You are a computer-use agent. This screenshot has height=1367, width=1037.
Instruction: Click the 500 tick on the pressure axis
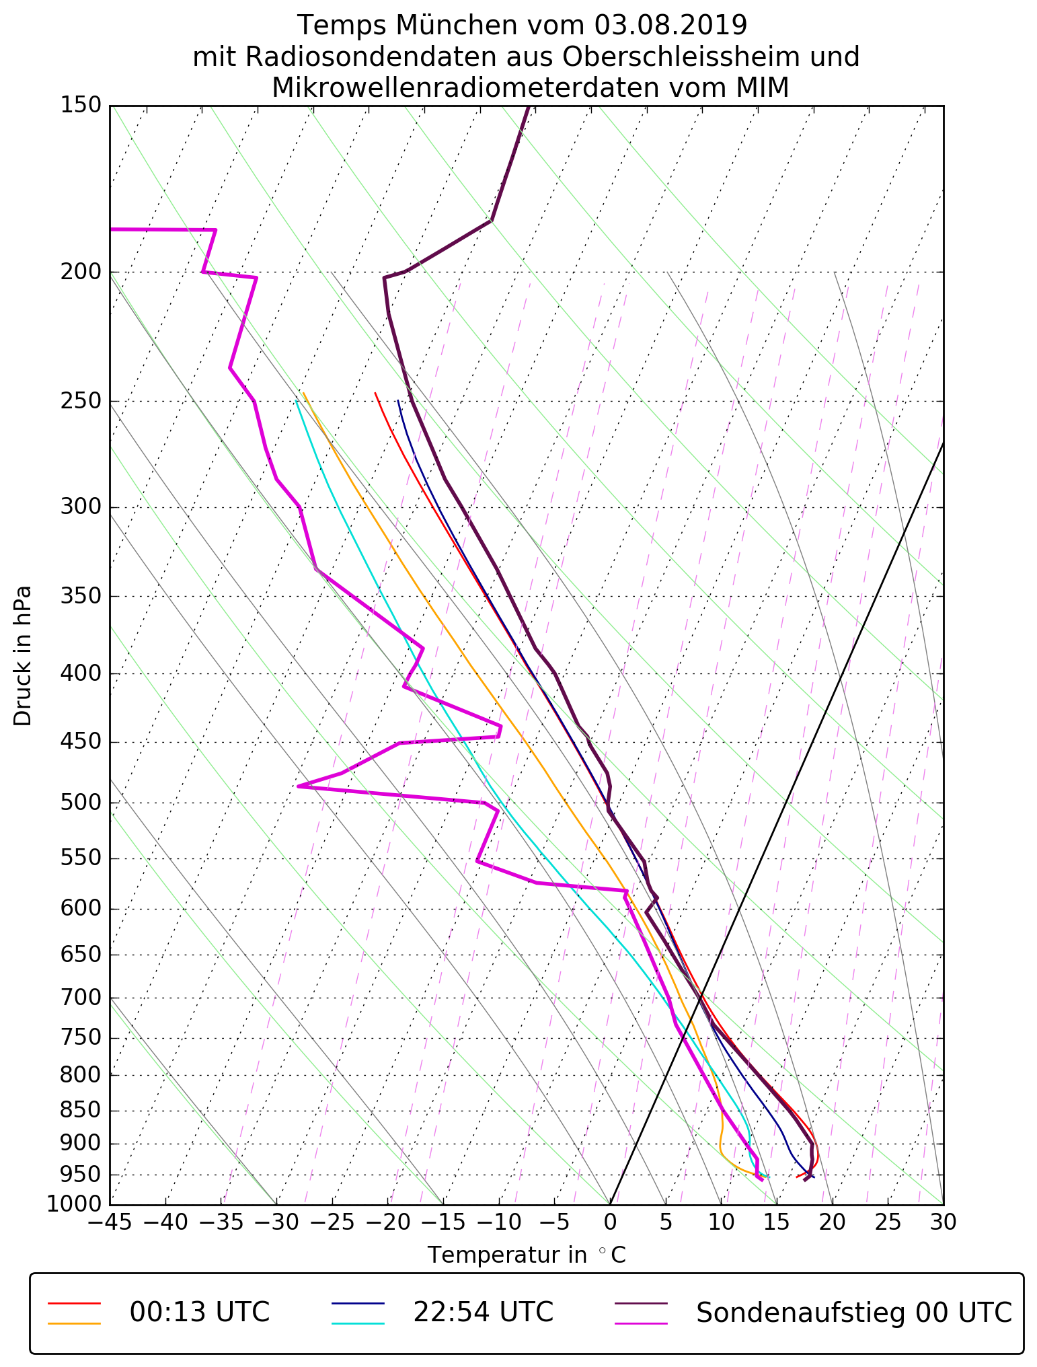(81, 803)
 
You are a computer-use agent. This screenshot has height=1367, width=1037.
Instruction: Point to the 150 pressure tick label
(81, 105)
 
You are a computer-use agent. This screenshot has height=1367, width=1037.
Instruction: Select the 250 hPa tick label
(81, 401)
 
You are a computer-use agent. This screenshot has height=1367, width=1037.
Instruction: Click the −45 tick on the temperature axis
(110, 1222)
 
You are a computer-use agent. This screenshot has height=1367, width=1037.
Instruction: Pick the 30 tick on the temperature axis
(944, 1222)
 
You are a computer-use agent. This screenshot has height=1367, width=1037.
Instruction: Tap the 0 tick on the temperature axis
(610, 1222)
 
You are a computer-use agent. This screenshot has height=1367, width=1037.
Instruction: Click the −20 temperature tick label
(388, 1222)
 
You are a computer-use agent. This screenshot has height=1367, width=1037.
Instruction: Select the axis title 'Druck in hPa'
(23, 655)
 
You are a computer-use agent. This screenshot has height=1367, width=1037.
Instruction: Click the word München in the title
(457, 26)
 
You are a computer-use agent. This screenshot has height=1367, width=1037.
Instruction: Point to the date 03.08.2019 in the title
(670, 26)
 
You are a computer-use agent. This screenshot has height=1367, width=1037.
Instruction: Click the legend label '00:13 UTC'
(200, 1312)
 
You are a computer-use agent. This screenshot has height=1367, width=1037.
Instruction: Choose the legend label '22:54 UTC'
(483, 1312)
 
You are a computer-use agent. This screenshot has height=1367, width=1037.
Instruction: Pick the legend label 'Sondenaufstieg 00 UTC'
(854, 1312)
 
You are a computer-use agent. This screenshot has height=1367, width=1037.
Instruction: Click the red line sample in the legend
(74, 1302)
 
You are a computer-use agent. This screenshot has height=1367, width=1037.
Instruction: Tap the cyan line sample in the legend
(358, 1323)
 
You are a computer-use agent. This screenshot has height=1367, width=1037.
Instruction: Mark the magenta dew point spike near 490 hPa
(299, 786)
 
